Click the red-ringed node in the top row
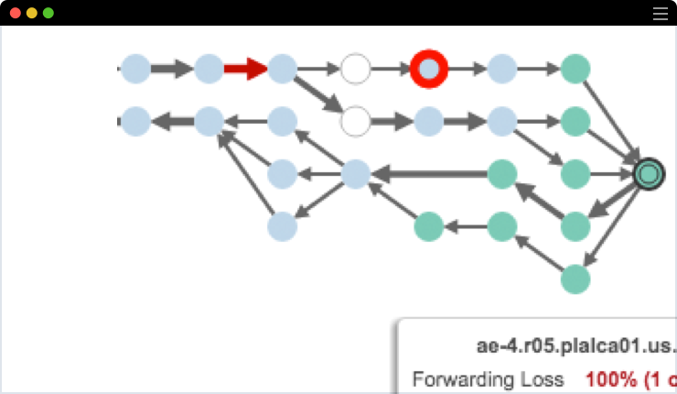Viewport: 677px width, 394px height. click(428, 69)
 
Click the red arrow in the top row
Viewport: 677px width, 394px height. click(244, 69)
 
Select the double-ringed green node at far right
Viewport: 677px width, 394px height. click(649, 172)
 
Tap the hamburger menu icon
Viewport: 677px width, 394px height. click(661, 14)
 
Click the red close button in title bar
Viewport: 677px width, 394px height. click(16, 14)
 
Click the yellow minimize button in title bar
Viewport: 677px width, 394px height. click(32, 14)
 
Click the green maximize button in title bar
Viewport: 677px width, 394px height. click(48, 14)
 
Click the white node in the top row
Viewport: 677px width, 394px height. click(355, 69)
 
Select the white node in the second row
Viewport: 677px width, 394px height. click(355, 120)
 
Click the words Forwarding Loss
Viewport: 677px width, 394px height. click(488, 378)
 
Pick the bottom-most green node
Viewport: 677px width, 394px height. click(575, 278)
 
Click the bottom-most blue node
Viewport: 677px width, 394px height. click(282, 225)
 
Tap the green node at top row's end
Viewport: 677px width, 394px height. click(575, 69)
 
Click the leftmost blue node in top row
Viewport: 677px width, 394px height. click(135, 69)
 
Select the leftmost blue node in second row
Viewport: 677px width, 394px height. click(135, 120)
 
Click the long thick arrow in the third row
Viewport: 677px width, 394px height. click(430, 172)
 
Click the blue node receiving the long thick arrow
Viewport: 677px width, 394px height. click(355, 172)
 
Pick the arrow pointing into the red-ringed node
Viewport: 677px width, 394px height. click(391, 69)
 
